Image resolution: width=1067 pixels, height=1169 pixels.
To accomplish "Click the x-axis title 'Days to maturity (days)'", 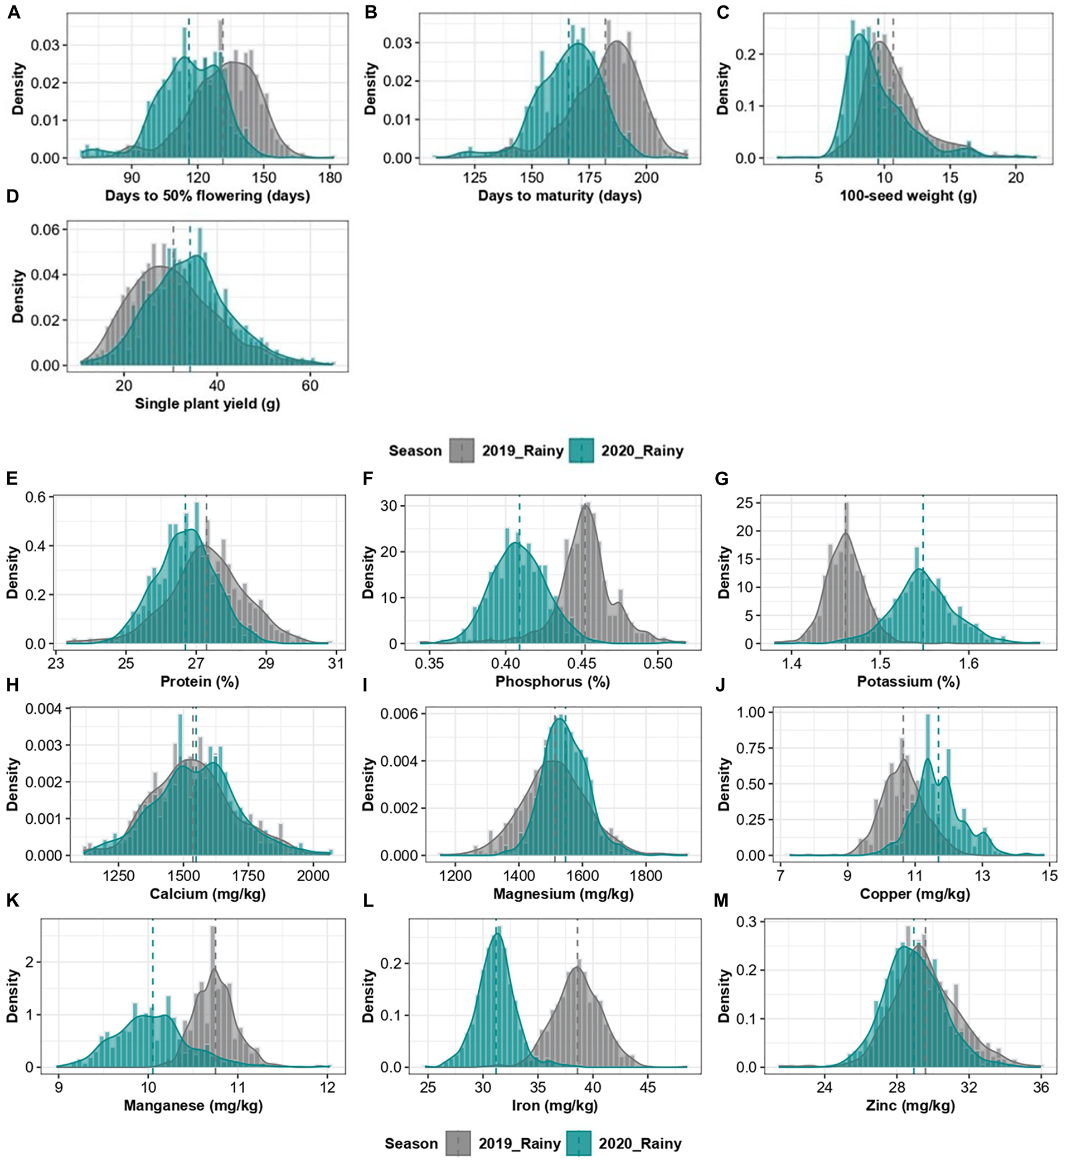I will pos(559,196).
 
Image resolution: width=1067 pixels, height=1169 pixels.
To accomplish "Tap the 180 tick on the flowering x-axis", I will pos(330,177).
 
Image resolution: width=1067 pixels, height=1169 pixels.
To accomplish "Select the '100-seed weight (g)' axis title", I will pos(908,196).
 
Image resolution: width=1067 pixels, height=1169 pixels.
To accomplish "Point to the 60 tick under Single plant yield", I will pos(310,385).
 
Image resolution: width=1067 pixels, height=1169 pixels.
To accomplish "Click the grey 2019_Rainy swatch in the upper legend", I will pos(462,451).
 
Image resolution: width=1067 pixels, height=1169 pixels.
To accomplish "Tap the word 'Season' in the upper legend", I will pos(415,451).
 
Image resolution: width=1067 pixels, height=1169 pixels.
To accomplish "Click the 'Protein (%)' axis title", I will pos(200,682).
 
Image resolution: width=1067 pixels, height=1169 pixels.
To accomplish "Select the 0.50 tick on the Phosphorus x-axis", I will pos(658,663).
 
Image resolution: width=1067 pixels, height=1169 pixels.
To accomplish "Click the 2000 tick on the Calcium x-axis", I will pos(313,875).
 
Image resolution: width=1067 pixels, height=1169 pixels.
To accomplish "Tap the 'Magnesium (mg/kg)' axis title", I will pos(563,893).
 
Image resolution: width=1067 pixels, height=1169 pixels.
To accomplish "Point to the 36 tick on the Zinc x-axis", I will pos(1041,1087).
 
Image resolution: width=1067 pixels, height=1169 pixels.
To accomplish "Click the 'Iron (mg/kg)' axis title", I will pos(555,1106).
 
